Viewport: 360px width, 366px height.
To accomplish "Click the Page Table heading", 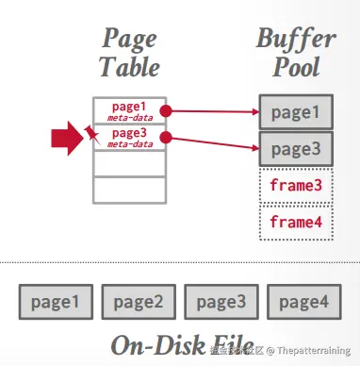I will [130, 53].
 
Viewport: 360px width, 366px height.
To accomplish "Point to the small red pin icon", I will [92, 136].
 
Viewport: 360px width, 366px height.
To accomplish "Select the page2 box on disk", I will [139, 302].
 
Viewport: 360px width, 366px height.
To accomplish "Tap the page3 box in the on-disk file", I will [221, 302].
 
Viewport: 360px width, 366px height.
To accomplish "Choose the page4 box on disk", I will [303, 302].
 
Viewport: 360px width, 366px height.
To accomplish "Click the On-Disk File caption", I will [180, 342].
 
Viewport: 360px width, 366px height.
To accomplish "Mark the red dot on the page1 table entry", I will [166, 109].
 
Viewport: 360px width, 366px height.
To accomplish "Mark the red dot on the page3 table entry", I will [166, 138].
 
